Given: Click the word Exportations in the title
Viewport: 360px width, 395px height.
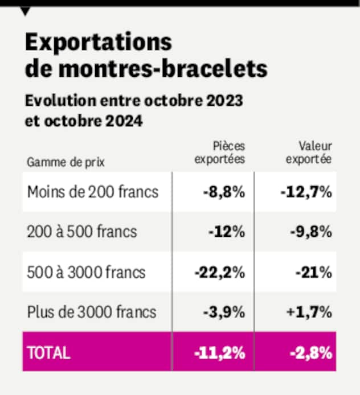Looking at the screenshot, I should [x=99, y=43].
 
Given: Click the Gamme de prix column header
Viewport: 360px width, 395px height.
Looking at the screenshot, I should [x=66, y=162].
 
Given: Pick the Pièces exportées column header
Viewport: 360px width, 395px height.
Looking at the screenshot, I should [x=220, y=153].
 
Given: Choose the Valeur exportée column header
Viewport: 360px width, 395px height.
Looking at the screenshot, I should [x=308, y=153].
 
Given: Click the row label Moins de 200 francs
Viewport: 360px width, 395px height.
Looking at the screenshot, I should [x=92, y=192].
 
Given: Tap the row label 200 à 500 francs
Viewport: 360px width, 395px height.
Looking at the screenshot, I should [x=82, y=232].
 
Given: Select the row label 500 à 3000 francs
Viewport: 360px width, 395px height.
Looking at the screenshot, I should [x=86, y=272].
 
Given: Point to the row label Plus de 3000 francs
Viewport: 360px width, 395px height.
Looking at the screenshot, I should [x=91, y=312].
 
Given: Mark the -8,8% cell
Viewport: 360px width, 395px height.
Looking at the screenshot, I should [x=224, y=192].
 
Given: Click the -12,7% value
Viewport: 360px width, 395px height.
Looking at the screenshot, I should [x=306, y=192].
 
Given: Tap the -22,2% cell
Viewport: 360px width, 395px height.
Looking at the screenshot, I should [x=220, y=272].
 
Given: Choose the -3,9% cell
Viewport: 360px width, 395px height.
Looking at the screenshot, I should [x=224, y=312].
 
